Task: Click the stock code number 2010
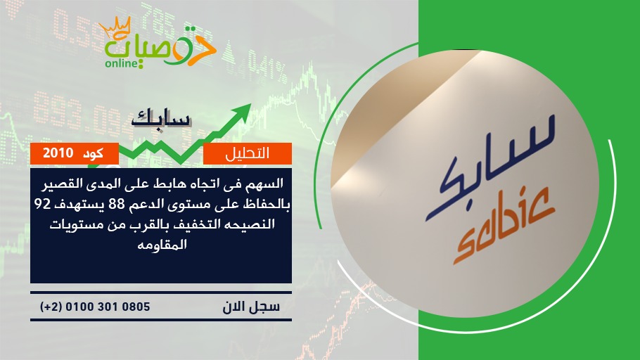click(x=58, y=153)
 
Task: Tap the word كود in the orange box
click(x=93, y=153)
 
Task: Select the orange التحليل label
click(x=248, y=153)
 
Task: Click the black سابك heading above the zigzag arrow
click(x=161, y=118)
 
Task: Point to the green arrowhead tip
click(x=250, y=104)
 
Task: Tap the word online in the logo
click(x=121, y=63)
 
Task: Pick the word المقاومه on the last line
click(x=162, y=245)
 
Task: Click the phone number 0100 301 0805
click(x=108, y=307)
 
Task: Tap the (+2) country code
click(x=51, y=307)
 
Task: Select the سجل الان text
click(x=251, y=307)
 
